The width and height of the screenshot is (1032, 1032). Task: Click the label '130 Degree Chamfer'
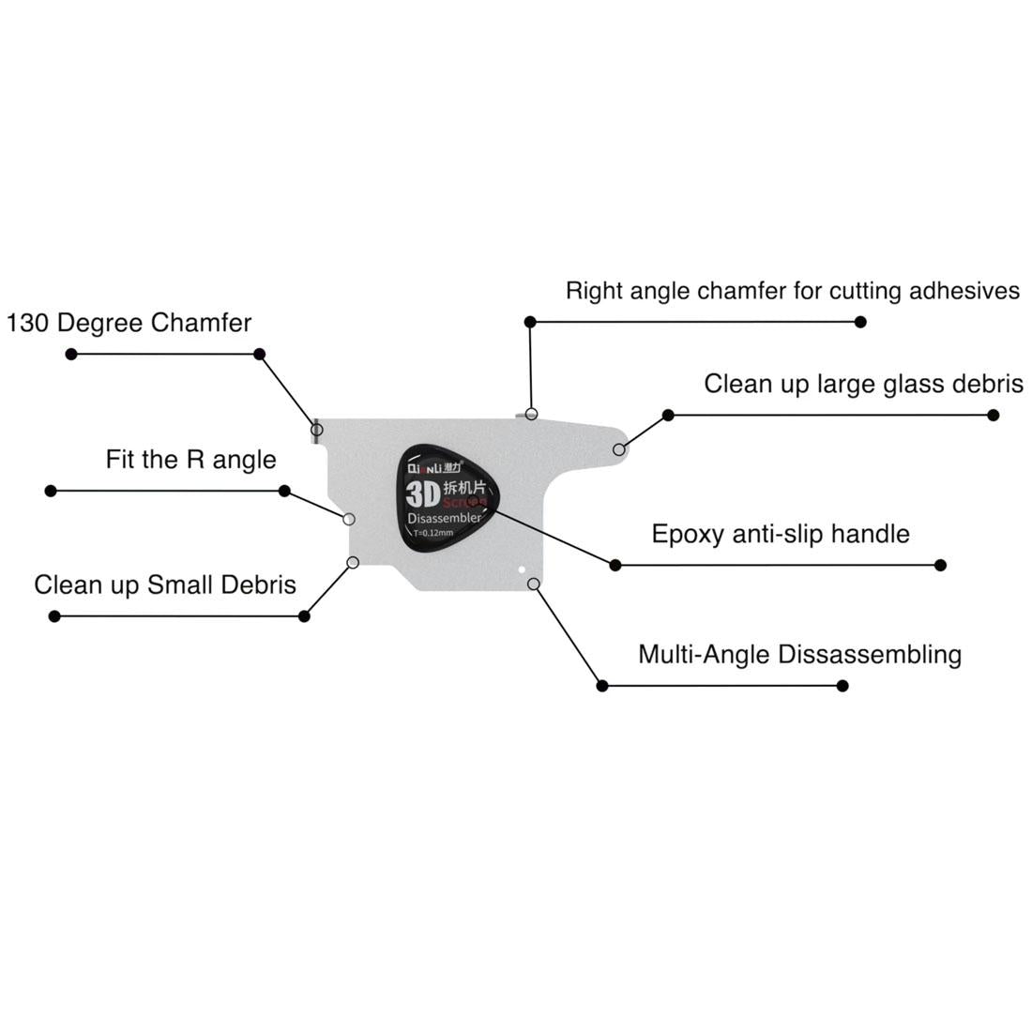click(129, 323)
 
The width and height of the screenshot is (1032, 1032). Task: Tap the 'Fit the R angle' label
click(190, 460)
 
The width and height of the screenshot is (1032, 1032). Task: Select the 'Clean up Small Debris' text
click(165, 584)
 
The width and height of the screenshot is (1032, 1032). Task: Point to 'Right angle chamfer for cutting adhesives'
click(792, 291)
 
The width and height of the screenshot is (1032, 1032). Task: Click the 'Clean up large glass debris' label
click(863, 384)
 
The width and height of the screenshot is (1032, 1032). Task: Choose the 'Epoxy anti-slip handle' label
click(781, 534)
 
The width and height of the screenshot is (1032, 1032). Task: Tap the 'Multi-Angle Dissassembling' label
click(799, 654)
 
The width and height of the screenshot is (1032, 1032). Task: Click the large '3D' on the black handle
click(424, 493)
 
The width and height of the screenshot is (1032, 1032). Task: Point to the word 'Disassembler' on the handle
click(445, 519)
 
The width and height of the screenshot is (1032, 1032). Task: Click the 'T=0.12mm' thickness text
click(433, 533)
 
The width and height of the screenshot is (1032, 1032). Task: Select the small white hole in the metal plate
click(521, 568)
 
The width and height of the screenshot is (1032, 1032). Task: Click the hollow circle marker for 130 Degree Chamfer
click(317, 430)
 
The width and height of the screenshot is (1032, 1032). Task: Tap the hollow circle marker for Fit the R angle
click(349, 519)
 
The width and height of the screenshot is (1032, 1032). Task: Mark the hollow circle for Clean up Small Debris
click(353, 562)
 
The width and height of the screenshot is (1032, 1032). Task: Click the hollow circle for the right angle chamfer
click(531, 414)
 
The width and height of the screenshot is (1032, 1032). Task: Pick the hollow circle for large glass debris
click(619, 450)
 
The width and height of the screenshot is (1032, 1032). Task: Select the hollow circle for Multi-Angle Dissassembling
click(533, 584)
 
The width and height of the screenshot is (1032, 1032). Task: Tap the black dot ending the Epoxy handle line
click(941, 565)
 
